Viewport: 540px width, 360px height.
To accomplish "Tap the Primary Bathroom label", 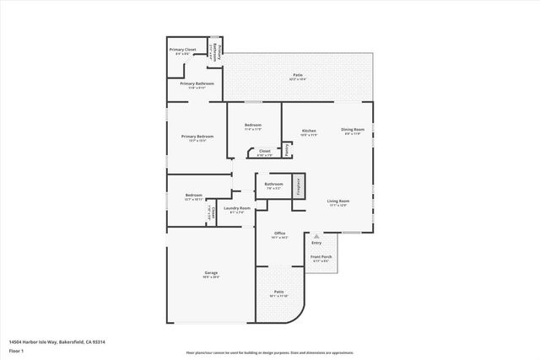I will click(197, 83).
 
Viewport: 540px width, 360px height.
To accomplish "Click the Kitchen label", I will click(309, 131).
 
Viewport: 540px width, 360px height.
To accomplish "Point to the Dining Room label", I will click(352, 129).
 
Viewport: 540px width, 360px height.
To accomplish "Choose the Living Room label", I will click(338, 201).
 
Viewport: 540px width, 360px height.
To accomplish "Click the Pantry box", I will click(287, 149).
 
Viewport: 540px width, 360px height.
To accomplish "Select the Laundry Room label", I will click(237, 207).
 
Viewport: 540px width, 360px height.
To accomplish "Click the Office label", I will click(279, 234).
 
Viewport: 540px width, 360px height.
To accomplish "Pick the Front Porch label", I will click(321, 256).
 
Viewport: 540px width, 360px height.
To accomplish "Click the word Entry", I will click(316, 243).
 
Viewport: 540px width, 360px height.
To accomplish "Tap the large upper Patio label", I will click(298, 75).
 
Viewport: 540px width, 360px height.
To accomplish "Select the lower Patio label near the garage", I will click(278, 293).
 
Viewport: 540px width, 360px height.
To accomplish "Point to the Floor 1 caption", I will click(16, 350).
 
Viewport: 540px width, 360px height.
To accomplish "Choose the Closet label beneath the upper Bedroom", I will click(265, 151).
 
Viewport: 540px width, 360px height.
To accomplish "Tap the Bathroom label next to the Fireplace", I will click(273, 184).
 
